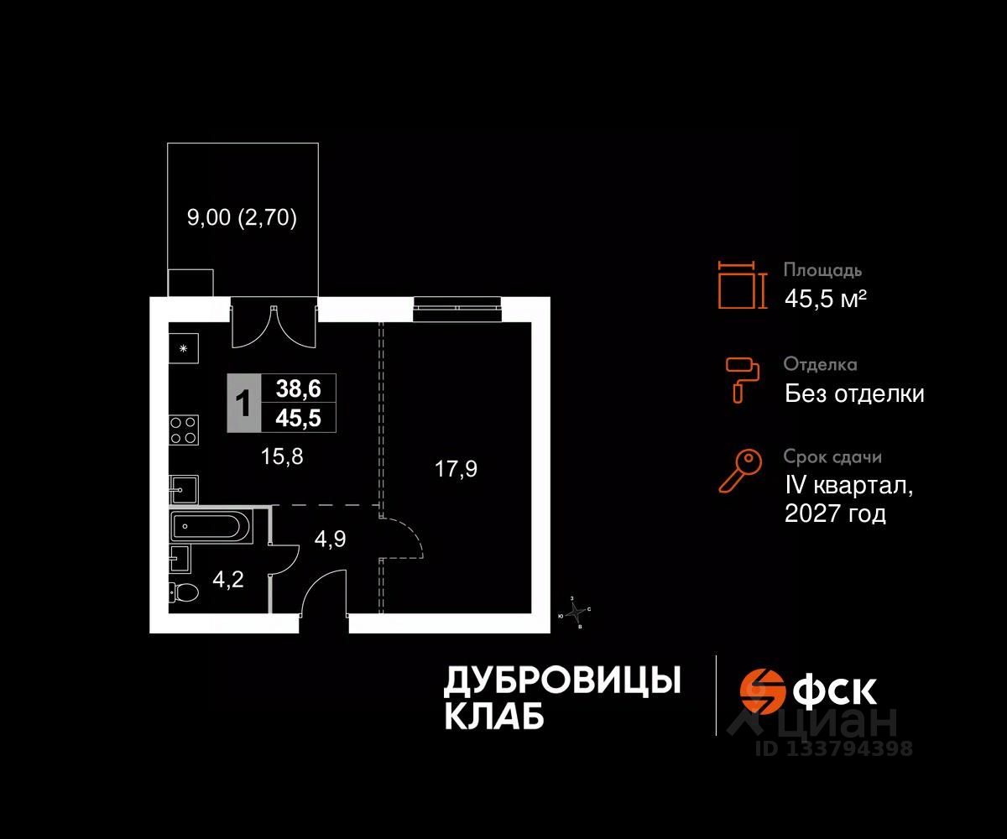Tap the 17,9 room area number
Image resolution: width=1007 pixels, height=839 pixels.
pyautogui.click(x=456, y=469)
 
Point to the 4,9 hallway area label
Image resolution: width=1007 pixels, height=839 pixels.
pyautogui.click(x=330, y=538)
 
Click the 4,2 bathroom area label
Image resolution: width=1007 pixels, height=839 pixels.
pyautogui.click(x=227, y=579)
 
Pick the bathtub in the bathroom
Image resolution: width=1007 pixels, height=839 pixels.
pyautogui.click(x=211, y=528)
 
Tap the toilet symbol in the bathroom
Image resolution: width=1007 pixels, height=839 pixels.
pyautogui.click(x=183, y=593)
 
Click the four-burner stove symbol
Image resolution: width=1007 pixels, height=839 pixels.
pyautogui.click(x=185, y=430)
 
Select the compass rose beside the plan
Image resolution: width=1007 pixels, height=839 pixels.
pyautogui.click(x=576, y=612)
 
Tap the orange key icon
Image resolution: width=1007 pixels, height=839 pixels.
pyautogui.click(x=740, y=472)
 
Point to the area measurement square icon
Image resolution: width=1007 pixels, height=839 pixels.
pyautogui.click(x=742, y=284)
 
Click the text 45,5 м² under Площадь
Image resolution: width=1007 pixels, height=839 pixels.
pyautogui.click(x=825, y=298)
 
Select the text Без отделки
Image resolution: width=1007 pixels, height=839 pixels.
pyautogui.click(x=854, y=393)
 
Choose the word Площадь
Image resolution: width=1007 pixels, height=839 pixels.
pyautogui.click(x=822, y=270)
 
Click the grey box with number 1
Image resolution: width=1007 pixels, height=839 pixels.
pyautogui.click(x=243, y=404)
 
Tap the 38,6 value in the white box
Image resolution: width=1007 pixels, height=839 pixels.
pyautogui.click(x=299, y=388)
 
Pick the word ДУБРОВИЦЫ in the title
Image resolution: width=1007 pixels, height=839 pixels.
pyautogui.click(x=561, y=680)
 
